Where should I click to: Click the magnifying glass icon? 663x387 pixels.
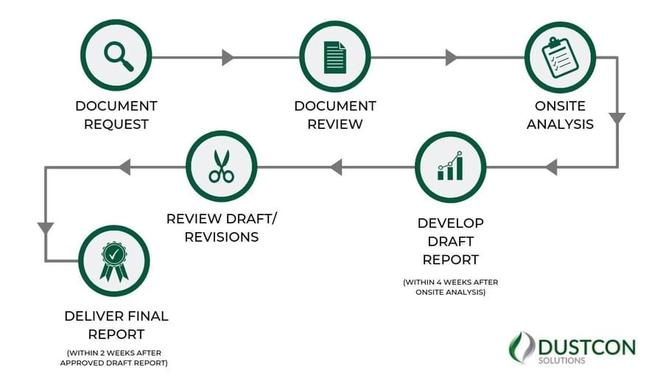click(x=116, y=55)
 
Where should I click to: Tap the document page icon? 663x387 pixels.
click(x=334, y=56)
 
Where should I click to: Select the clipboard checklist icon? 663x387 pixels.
click(x=559, y=56)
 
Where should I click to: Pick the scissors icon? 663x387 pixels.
click(x=221, y=167)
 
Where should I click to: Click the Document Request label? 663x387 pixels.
click(x=116, y=115)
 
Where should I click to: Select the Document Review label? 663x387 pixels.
click(x=335, y=115)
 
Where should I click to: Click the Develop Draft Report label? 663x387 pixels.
click(x=450, y=241)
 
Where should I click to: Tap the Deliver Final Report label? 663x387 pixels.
click(x=116, y=325)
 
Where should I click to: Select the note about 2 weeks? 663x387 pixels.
click(x=116, y=358)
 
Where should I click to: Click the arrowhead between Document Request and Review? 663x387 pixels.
click(x=228, y=57)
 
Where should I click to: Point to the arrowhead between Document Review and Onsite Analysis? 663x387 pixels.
click(x=451, y=57)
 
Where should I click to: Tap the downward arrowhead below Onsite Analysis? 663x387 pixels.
click(x=617, y=119)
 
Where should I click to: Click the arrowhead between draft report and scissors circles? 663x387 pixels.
click(x=336, y=167)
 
